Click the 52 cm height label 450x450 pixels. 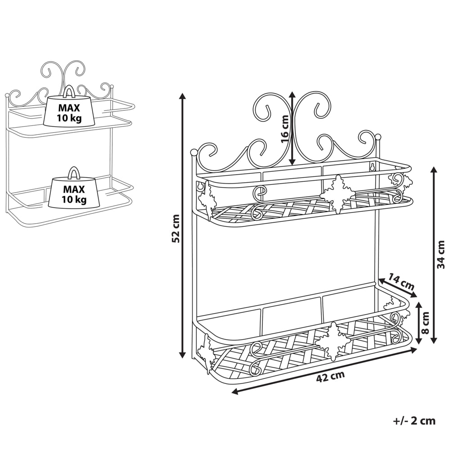click(176, 228)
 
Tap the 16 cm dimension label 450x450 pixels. click(284, 129)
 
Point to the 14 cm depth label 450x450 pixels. click(401, 282)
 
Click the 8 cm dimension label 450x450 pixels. click(426, 323)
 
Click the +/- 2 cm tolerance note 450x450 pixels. click(414, 421)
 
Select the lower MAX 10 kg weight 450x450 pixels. click(74, 191)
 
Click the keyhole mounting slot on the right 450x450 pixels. click(372, 167)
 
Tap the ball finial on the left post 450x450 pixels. click(194, 152)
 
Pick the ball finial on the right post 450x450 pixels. click(378, 136)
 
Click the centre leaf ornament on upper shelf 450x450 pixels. click(337, 194)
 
